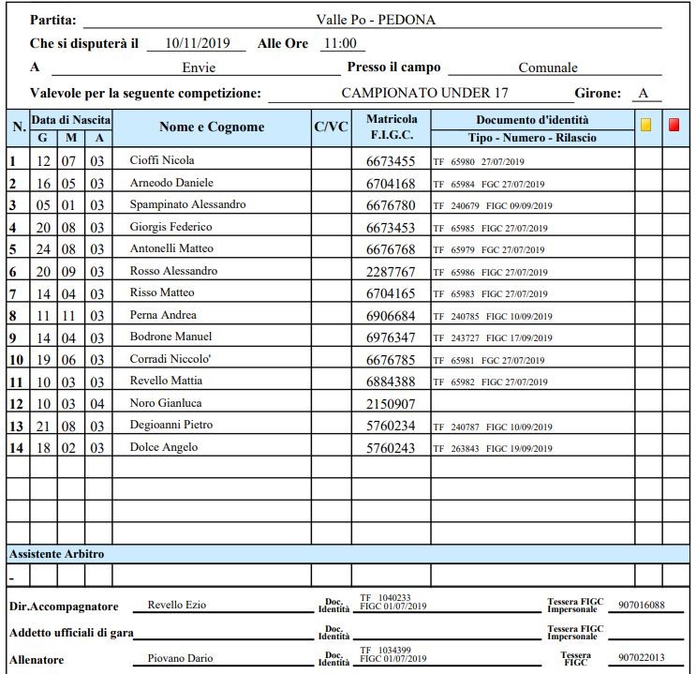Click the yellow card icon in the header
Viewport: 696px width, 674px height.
[645, 125]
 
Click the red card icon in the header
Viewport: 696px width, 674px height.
[674, 125]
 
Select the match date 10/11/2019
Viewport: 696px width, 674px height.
[197, 43]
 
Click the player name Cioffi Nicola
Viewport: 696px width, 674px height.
[162, 161]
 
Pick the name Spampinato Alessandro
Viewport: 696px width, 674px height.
[187, 204]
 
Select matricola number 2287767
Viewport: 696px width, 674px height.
[392, 271]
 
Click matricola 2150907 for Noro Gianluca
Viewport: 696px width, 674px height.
[392, 403]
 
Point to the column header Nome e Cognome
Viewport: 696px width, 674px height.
[212, 127]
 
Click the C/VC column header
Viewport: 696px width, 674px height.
[331, 127]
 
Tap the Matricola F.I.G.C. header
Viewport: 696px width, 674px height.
[392, 127]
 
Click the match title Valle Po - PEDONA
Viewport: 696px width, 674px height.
[376, 19]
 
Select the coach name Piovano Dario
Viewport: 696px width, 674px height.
[181, 659]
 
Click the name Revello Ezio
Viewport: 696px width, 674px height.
[176, 606]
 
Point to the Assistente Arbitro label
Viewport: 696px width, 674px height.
[56, 554]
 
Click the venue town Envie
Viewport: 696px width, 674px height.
[199, 67]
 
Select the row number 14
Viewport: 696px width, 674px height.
[15, 448]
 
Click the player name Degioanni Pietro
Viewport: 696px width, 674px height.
[171, 425]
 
